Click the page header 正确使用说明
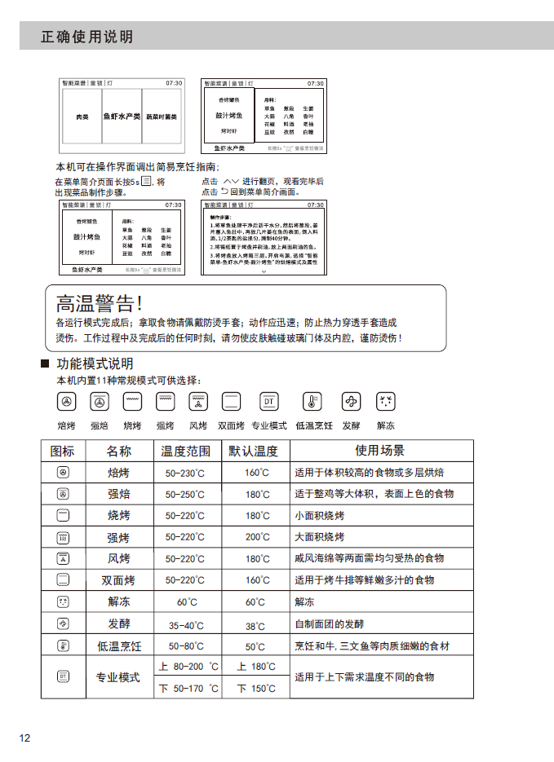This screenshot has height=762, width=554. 86,37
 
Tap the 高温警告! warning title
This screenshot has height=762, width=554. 99,304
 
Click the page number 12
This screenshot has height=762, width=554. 25,738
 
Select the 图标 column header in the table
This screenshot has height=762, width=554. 63,451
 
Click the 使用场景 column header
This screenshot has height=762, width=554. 379,451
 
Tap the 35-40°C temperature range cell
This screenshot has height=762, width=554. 186,626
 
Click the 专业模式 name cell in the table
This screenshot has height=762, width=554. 118,677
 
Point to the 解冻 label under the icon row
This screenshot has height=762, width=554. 385,425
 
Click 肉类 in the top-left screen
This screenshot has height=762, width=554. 82,117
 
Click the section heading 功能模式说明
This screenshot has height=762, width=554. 95,363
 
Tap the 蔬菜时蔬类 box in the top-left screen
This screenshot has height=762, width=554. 162,117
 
